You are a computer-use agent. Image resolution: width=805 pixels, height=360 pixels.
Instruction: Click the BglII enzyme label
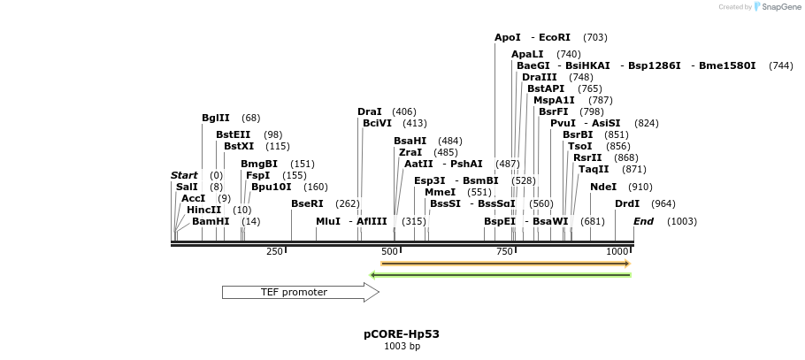216,119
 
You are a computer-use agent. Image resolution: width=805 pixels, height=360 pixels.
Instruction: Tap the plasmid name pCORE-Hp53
402,334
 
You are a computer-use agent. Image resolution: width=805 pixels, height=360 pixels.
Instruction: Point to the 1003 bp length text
402,347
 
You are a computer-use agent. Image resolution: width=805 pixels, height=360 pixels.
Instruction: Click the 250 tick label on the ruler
274,252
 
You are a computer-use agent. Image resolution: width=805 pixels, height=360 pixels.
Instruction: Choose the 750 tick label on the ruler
504,252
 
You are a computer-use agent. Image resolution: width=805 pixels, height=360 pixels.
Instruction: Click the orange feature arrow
504,264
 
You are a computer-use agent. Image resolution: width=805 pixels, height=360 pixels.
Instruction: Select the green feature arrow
500,275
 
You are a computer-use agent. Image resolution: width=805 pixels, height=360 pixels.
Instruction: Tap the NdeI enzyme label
603,188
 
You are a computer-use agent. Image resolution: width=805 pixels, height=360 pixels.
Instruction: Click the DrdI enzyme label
627,203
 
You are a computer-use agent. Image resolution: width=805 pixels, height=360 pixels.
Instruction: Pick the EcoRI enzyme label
555,38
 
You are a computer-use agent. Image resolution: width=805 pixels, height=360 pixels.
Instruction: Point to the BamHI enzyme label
211,221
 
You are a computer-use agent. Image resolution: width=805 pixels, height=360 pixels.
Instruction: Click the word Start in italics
184,176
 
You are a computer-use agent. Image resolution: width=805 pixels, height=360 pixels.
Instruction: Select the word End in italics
643,221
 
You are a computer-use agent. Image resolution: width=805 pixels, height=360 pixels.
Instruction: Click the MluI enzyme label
328,221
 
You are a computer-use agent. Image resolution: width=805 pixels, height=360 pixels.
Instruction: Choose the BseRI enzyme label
308,203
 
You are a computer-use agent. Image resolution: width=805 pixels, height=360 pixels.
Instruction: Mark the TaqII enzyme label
594,169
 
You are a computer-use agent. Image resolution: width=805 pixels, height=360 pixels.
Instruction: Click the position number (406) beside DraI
403,112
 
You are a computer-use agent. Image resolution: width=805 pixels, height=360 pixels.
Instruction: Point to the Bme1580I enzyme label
727,66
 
